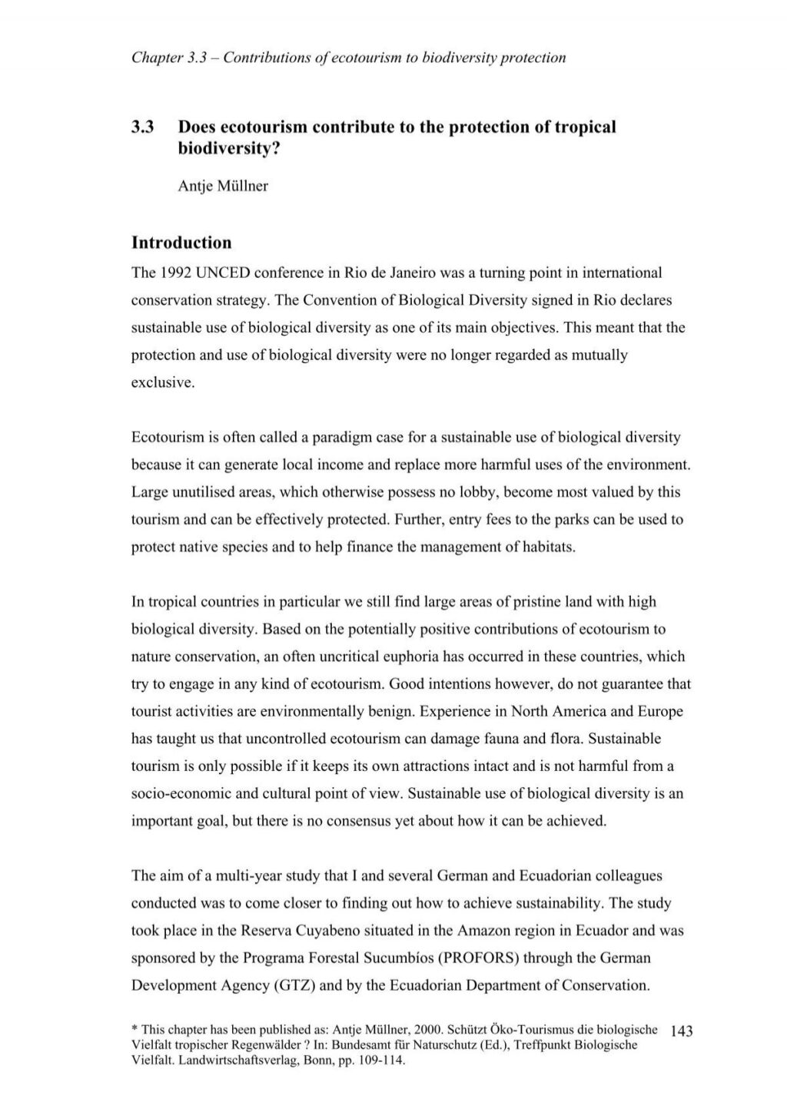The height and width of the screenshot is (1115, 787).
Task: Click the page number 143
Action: point(682,1031)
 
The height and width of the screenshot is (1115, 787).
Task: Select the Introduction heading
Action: point(181,243)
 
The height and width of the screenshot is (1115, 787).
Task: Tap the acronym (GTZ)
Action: point(294,985)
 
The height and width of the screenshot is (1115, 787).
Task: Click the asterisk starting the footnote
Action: point(134,1029)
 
